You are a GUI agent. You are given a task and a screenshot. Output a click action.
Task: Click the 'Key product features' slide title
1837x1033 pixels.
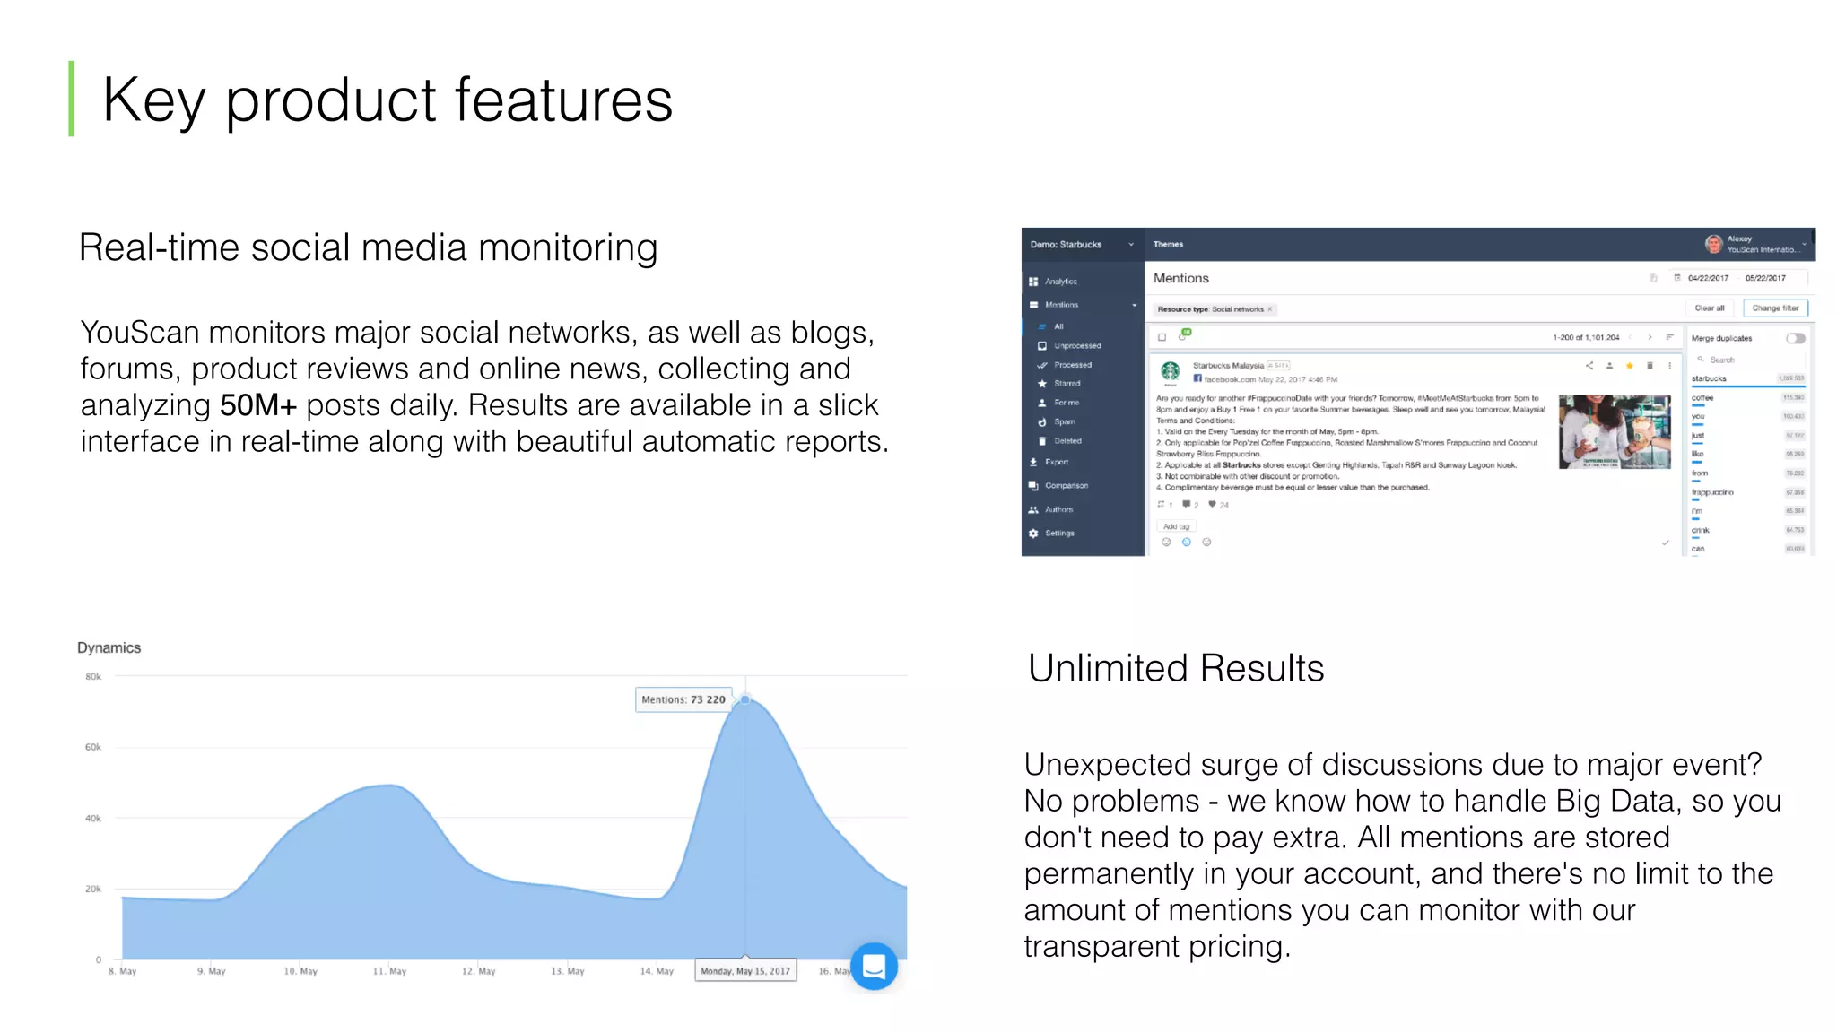coord(387,100)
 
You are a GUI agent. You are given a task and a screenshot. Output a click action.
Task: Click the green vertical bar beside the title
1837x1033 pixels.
coord(72,99)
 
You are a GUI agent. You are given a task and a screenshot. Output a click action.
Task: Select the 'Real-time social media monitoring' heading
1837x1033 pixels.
coord(368,247)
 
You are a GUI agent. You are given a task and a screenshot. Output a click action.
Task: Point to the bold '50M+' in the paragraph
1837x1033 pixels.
coord(257,405)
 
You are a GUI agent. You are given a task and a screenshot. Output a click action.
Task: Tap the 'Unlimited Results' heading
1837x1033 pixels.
coord(1175,668)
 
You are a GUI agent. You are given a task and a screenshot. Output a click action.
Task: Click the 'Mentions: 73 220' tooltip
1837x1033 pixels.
coord(683,699)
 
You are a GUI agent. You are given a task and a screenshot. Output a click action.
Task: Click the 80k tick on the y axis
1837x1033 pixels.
coord(93,677)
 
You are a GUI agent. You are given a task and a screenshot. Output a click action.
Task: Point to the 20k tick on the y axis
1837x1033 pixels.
coord(93,889)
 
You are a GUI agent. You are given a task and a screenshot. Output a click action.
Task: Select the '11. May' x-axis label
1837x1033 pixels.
coord(389,971)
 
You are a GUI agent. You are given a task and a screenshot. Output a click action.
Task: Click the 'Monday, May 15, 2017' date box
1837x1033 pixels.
coord(744,971)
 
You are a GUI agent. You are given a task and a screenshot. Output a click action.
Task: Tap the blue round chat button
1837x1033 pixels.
coord(874,966)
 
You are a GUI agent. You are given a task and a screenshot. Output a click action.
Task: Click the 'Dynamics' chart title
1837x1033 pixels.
coord(109,647)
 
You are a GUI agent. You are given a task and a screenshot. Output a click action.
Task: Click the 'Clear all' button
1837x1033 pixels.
coord(1709,308)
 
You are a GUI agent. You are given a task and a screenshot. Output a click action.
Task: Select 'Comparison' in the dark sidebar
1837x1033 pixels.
coord(1066,486)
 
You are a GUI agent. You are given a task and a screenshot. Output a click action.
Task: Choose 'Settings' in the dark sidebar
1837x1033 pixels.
coord(1058,534)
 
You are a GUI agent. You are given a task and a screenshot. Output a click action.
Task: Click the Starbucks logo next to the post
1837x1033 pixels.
coord(1170,370)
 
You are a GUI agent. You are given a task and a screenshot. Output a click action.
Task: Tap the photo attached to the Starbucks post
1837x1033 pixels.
coord(1615,431)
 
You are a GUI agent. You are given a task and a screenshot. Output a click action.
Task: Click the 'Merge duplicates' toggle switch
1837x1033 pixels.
coord(1795,338)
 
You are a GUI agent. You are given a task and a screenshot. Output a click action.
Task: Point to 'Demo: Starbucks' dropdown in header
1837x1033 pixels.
coord(1081,245)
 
